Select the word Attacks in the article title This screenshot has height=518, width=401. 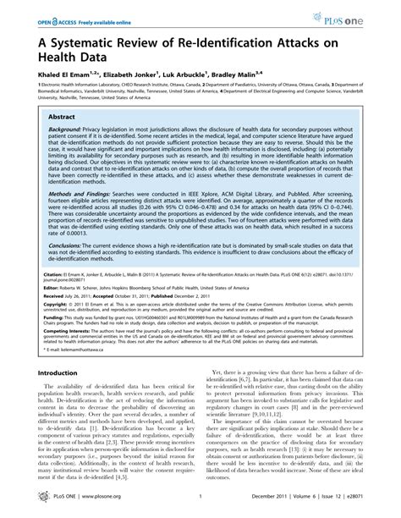click(307, 45)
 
